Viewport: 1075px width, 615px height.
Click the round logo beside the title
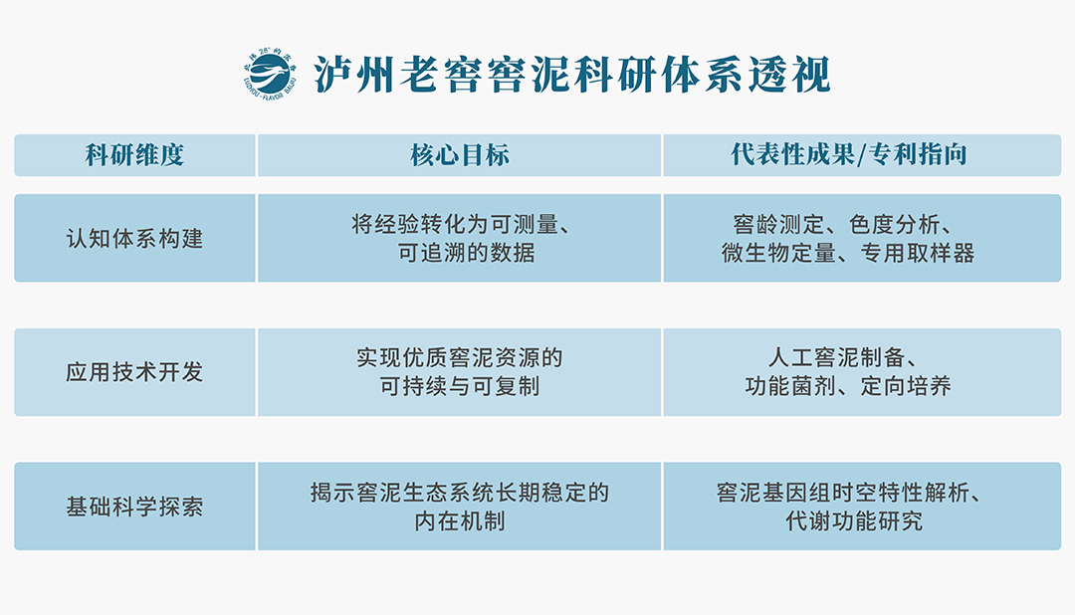click(x=270, y=74)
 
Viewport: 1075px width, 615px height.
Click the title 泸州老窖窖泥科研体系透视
click(x=571, y=74)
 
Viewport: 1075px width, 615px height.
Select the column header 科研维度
click(x=134, y=155)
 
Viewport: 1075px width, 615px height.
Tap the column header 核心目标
click(x=459, y=155)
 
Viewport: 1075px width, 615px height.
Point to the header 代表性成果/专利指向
click(x=849, y=154)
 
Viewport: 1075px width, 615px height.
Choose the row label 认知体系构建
click(x=134, y=239)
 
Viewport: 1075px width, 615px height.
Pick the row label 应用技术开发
click(x=134, y=372)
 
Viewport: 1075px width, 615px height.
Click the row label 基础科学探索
click(x=134, y=507)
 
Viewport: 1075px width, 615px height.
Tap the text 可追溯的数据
click(x=466, y=253)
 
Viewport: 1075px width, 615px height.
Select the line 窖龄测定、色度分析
click(x=836, y=224)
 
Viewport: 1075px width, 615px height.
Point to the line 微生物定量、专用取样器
click(x=848, y=253)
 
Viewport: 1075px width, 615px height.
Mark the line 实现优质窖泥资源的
click(x=459, y=358)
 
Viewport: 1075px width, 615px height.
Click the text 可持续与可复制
click(x=459, y=387)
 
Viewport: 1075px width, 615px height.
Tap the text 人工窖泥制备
click(x=836, y=358)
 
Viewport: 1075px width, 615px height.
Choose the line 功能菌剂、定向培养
click(x=848, y=387)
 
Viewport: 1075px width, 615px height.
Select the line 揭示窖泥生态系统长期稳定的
click(x=459, y=493)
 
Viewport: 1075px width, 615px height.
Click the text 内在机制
click(x=459, y=521)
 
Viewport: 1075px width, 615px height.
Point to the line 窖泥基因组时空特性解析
click(x=843, y=493)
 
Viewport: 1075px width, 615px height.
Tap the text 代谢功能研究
click(x=854, y=521)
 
